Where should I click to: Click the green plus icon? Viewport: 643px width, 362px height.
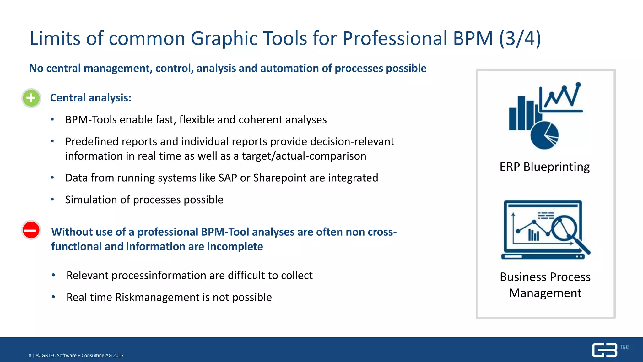[31, 98]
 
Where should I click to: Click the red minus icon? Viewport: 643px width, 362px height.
[31, 230]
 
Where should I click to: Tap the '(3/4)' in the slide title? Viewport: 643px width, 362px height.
[520, 38]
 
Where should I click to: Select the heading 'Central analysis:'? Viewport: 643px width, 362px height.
[90, 98]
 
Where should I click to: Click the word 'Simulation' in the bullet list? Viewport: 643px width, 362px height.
[91, 200]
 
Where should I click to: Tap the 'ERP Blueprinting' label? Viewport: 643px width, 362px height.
[544, 167]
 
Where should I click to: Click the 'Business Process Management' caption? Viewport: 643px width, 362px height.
[545, 285]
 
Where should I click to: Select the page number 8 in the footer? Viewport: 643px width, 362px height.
[30, 356]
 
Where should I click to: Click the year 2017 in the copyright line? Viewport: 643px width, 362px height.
[118, 356]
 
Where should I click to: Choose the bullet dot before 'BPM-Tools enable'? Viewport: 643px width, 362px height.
[52, 119]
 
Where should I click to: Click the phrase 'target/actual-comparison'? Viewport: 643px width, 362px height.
[304, 156]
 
